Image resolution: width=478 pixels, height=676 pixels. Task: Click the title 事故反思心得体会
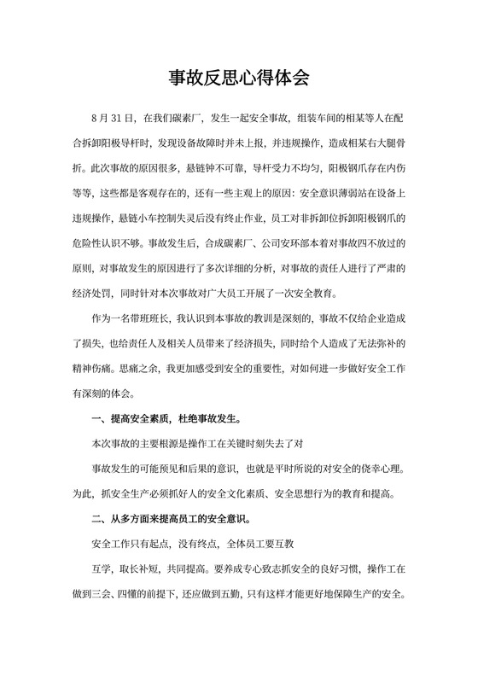click(x=238, y=79)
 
